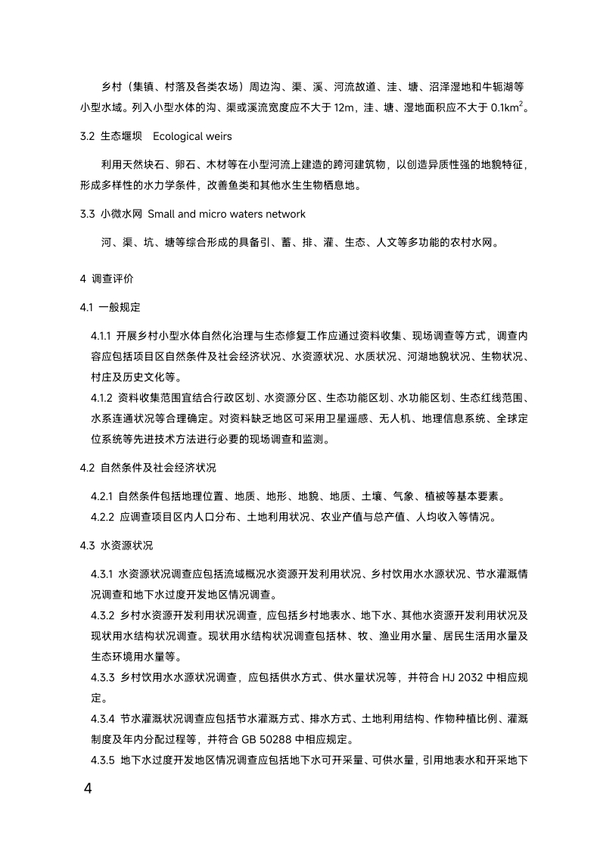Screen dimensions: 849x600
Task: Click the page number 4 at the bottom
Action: (88, 788)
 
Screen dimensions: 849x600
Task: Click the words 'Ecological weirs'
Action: (191, 136)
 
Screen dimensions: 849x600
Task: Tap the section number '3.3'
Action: (87, 214)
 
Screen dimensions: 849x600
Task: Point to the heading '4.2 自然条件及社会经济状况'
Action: (148, 467)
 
